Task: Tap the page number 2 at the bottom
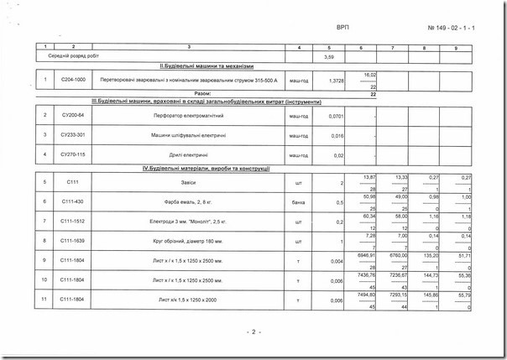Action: [253, 332]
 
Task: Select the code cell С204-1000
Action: [74, 81]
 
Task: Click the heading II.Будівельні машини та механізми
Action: [206, 65]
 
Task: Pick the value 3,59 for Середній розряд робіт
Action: [329, 57]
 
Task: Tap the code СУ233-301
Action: [74, 135]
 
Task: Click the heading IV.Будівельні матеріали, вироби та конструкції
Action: [206, 170]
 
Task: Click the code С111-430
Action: [74, 202]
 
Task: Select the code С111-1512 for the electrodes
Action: [74, 222]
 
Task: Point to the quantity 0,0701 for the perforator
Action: [336, 115]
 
